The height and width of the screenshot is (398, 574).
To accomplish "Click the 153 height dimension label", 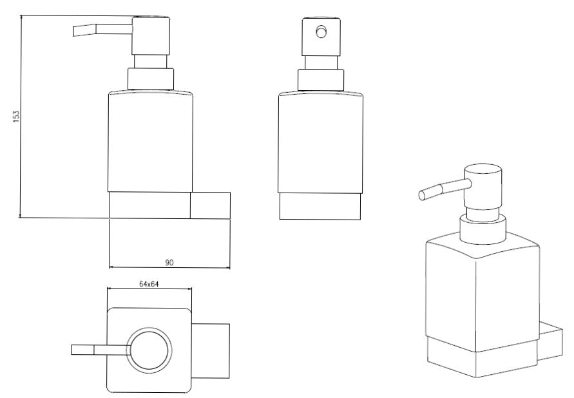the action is pos(16,117).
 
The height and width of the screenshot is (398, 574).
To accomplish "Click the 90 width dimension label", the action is pos(169,263).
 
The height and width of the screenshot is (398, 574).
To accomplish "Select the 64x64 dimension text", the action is pos(149,284).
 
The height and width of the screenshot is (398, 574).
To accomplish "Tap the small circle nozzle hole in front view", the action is pos(321,32).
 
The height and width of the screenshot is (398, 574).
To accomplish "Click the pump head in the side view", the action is pos(151,36).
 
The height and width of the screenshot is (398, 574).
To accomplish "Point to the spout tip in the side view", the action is pos(75,31).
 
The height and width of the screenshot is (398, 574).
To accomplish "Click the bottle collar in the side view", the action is pos(151,79).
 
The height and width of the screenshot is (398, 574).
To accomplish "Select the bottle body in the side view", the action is pos(151,141).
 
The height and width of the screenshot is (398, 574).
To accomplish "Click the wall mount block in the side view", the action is pos(210,205).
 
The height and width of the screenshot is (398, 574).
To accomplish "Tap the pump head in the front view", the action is pos(321,37).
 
